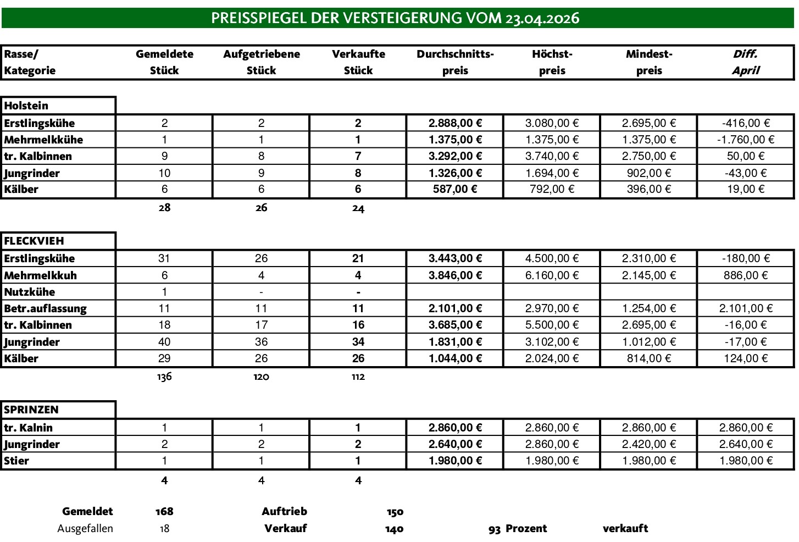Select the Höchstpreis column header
pyautogui.click(x=552, y=62)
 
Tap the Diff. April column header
pyautogui.click(x=745, y=62)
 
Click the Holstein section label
pyautogui.click(x=26, y=106)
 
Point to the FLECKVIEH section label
pyautogui.click(x=34, y=241)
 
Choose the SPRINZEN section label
pyautogui.click(x=31, y=410)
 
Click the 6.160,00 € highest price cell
pyautogui.click(x=552, y=275)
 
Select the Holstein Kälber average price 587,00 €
pyautogui.click(x=455, y=189)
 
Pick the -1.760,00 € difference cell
pyautogui.click(x=745, y=140)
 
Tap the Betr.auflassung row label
pyautogui.click(x=45, y=308)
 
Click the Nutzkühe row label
pyautogui.click(x=30, y=292)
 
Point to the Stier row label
pyautogui.click(x=16, y=461)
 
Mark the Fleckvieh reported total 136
pyautogui.click(x=164, y=377)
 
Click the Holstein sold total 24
pyautogui.click(x=358, y=208)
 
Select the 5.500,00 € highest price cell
pyautogui.click(x=552, y=325)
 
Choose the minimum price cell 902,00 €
pyautogui.click(x=648, y=173)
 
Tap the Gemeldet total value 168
pyautogui.click(x=164, y=511)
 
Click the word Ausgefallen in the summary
pyautogui.click(x=85, y=528)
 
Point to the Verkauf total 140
pyautogui.click(x=395, y=529)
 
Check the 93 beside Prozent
pyautogui.click(x=494, y=529)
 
